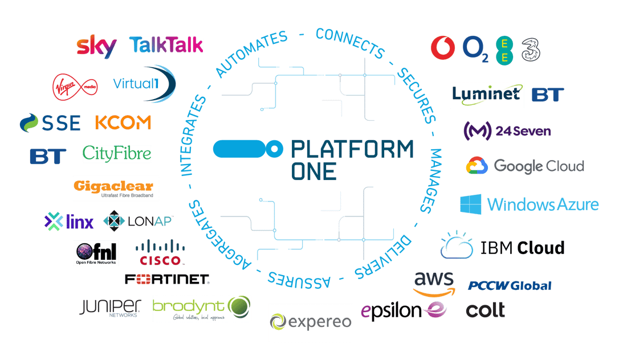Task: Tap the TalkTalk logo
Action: [x=166, y=45]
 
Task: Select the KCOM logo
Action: [x=123, y=122]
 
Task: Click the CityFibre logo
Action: [x=117, y=153]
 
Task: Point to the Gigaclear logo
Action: [x=116, y=188]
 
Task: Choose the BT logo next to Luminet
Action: [x=548, y=95]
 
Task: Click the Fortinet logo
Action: [x=167, y=279]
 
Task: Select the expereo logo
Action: [x=311, y=322]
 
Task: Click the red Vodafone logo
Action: [x=443, y=48]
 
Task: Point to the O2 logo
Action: [x=476, y=48]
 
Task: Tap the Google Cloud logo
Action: [x=525, y=166]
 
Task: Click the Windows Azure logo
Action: [x=530, y=204]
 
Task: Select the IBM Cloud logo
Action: [x=502, y=246]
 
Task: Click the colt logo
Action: [x=485, y=310]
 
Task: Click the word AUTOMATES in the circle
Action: [x=251, y=54]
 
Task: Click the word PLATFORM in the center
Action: [x=352, y=149]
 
